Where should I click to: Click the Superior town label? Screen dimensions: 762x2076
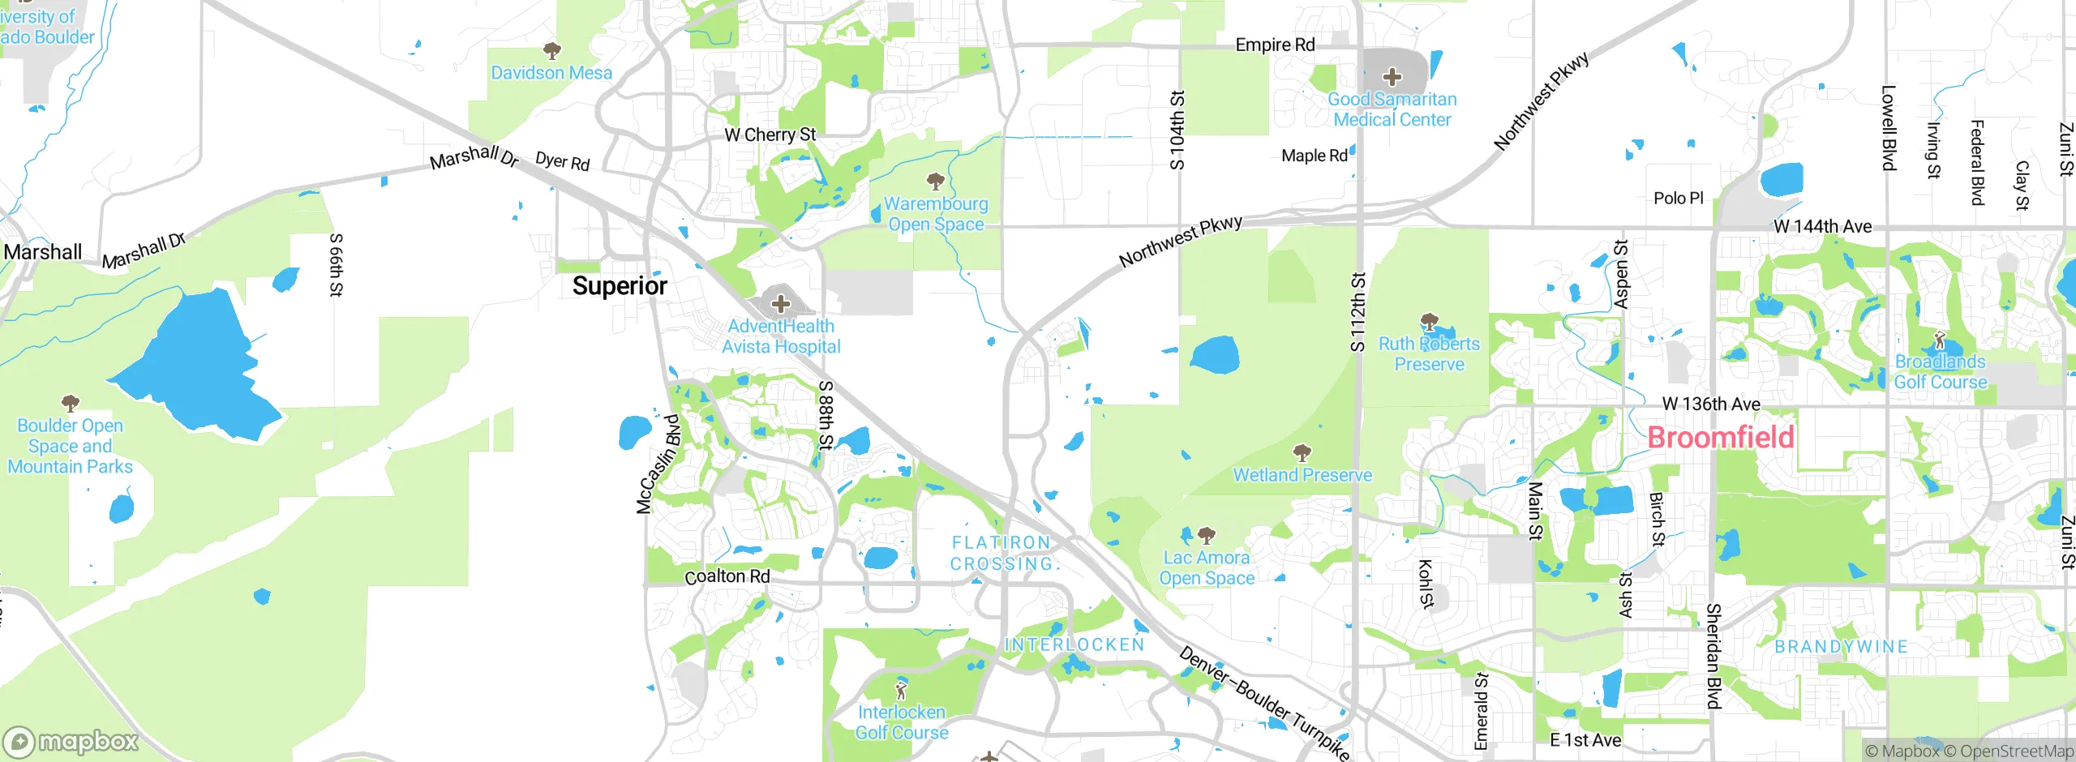click(620, 286)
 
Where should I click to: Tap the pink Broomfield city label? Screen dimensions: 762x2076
click(1720, 438)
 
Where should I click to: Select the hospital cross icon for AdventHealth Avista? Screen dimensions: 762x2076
click(780, 304)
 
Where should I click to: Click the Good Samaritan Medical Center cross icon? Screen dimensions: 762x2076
click(1392, 77)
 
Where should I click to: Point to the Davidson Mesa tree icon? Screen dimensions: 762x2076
click(551, 52)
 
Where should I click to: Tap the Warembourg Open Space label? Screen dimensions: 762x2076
click(936, 214)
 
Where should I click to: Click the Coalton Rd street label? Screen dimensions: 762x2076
click(727, 576)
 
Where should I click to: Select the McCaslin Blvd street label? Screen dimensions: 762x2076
click(658, 464)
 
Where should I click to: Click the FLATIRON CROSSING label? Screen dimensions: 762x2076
click(1002, 553)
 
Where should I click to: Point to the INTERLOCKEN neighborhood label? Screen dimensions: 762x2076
click(1074, 644)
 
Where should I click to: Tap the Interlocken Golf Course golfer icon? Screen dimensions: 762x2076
click(901, 691)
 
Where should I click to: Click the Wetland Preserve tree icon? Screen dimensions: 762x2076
click(1302, 452)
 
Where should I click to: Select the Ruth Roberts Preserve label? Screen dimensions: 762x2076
click(1429, 354)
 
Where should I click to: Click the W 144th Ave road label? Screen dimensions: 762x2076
click(1822, 226)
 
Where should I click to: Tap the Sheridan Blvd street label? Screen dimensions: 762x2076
click(1713, 656)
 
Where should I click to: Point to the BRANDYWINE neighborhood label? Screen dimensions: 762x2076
click(1841, 646)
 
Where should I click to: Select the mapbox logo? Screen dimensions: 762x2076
click(71, 741)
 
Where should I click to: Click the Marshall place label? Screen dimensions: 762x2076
click(42, 252)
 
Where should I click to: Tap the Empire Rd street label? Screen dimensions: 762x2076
click(1275, 45)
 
